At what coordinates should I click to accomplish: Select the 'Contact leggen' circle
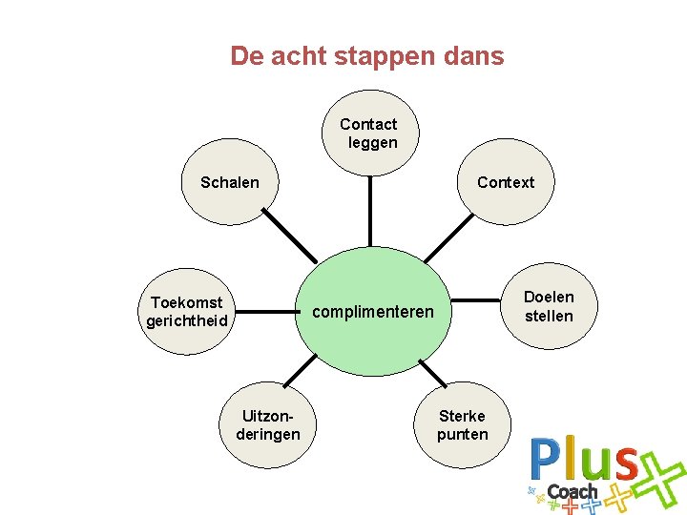368,134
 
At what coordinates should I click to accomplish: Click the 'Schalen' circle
229,182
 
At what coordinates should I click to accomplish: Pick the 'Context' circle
506,182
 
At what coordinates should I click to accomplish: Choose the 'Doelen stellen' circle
549,306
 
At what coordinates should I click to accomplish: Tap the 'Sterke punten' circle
463,424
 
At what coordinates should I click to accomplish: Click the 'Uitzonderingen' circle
268,425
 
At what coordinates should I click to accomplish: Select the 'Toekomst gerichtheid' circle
187,312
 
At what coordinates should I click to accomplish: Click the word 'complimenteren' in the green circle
373,312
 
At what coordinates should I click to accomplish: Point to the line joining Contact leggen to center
368,212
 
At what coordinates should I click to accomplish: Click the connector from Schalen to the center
290,236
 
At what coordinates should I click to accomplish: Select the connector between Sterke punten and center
432,372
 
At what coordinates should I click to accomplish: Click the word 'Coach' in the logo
572,492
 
